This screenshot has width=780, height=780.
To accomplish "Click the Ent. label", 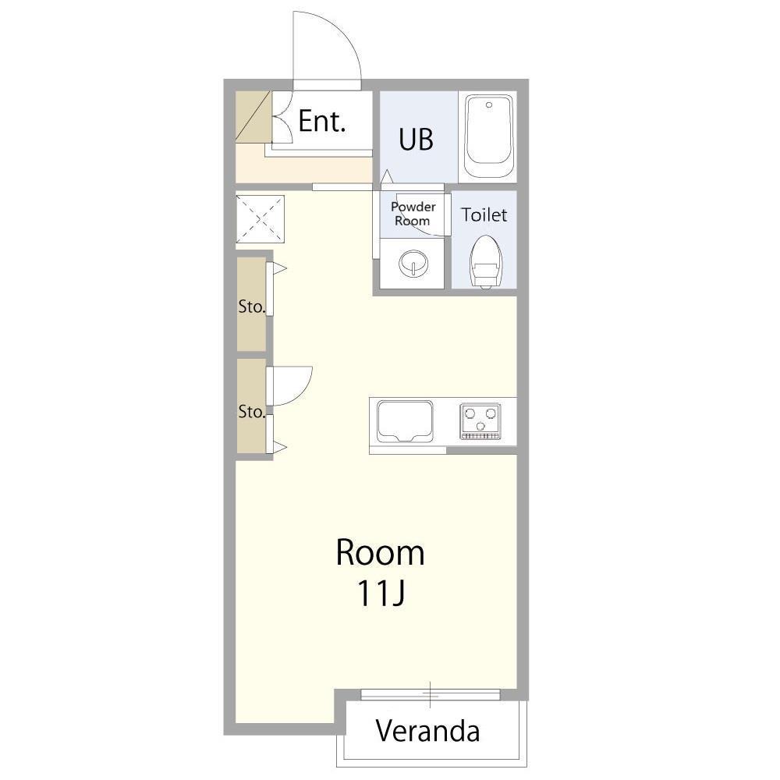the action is coord(322,121).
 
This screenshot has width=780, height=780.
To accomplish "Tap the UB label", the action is coord(416,140).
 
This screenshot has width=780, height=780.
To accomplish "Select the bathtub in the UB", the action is coord(488,136).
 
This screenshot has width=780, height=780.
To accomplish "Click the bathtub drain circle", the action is coord(489,105).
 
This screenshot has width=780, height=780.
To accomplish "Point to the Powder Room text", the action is coord(413,214).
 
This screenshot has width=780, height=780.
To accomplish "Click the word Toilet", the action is coord(484,215).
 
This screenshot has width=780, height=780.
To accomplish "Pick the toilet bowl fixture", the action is coord(485,261).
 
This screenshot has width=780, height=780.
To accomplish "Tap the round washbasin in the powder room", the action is coord(413,262).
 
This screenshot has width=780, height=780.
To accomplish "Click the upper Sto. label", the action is coord(251,307).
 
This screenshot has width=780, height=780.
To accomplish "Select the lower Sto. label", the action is coord(251,411).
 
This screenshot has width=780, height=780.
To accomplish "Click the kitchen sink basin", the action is coord(405,422).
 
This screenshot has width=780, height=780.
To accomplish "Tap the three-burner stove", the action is coord(480,421).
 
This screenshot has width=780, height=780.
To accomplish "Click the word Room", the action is coord(381,552).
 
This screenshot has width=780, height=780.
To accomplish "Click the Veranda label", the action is coord(427,731).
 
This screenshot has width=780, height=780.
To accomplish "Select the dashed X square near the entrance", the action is coord(260,219).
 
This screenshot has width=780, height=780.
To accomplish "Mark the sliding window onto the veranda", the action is coord(431,694).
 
